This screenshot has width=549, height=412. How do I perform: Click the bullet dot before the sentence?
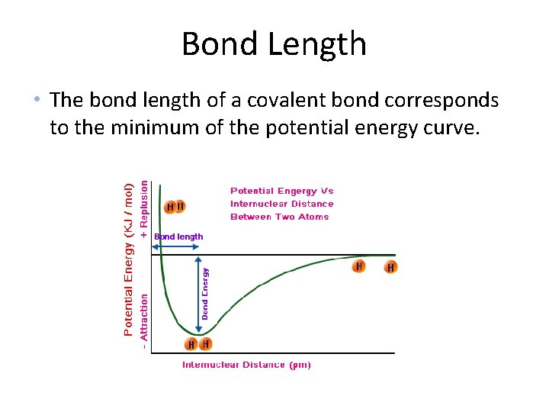(x=36, y=100)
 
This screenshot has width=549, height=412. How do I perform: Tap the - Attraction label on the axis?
(x=145, y=320)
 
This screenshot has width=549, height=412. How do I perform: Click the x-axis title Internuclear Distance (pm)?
(x=246, y=365)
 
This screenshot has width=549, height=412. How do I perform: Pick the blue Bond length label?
(x=178, y=237)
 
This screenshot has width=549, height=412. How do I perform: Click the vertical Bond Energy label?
(x=205, y=292)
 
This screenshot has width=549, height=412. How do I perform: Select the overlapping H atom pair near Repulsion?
(x=175, y=207)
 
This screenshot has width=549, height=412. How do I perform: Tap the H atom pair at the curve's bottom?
(x=198, y=344)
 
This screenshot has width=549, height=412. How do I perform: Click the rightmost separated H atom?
(x=390, y=268)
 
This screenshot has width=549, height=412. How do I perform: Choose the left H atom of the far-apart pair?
(x=359, y=266)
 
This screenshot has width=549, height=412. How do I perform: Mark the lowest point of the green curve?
(x=197, y=334)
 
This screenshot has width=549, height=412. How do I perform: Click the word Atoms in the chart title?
(x=313, y=217)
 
